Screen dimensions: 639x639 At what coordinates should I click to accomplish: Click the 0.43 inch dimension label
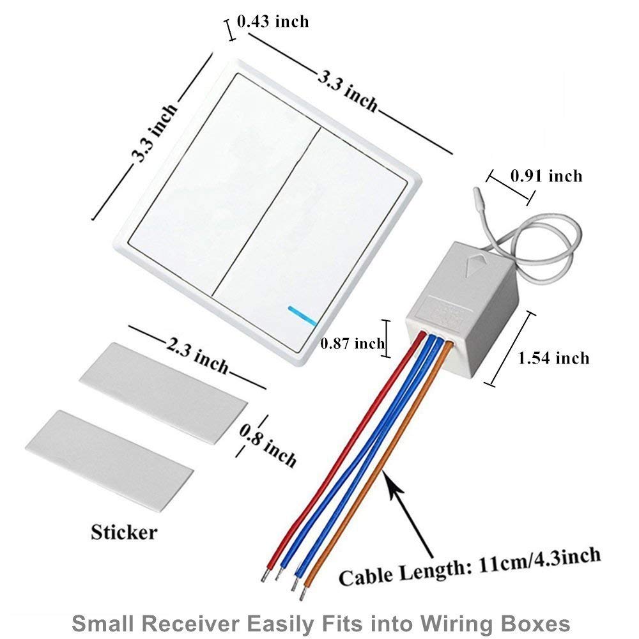[x=273, y=21]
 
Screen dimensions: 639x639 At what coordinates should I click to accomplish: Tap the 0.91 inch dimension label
[x=546, y=176]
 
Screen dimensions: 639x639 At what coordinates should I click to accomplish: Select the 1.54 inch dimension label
[x=553, y=358]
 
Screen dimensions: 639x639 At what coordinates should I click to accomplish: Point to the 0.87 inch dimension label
[x=352, y=344]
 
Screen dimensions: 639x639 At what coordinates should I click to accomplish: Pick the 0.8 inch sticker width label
[x=267, y=445]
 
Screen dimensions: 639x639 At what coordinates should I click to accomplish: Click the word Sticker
[x=124, y=532]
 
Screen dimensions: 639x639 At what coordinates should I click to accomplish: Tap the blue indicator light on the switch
[x=302, y=316]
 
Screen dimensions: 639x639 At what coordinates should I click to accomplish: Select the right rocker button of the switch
[x=311, y=240]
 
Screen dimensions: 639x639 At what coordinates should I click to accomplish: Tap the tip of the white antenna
[x=475, y=190]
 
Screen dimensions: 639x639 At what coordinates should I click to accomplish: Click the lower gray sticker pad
[x=109, y=460]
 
